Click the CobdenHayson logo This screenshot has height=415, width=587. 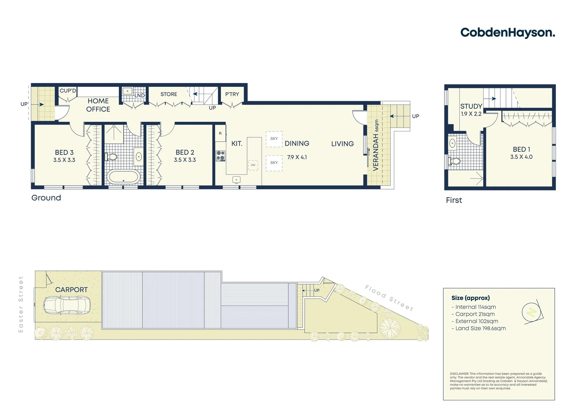click(x=507, y=33)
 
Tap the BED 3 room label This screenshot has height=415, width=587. click(x=64, y=153)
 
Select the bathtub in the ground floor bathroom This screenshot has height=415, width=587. click(x=123, y=177)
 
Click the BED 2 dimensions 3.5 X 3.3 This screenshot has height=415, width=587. click(x=185, y=160)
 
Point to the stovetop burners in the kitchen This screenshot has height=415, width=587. click(x=221, y=156)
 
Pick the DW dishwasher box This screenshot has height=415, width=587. click(x=253, y=165)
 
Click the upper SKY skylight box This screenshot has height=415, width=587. click(x=274, y=139)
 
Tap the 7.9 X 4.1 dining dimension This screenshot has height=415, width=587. click(x=297, y=157)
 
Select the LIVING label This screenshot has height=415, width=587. click(x=342, y=144)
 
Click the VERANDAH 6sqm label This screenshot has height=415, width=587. click(x=376, y=145)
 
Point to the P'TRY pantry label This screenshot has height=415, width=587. click(x=232, y=94)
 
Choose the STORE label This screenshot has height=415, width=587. click(x=169, y=94)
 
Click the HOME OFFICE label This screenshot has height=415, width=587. click(x=98, y=105)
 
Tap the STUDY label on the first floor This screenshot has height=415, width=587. click(x=471, y=106)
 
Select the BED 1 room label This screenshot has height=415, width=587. click(x=521, y=149)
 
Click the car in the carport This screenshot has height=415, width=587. click(x=67, y=305)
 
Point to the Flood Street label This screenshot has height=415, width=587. click(x=389, y=298)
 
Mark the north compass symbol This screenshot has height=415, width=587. click(x=532, y=312)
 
